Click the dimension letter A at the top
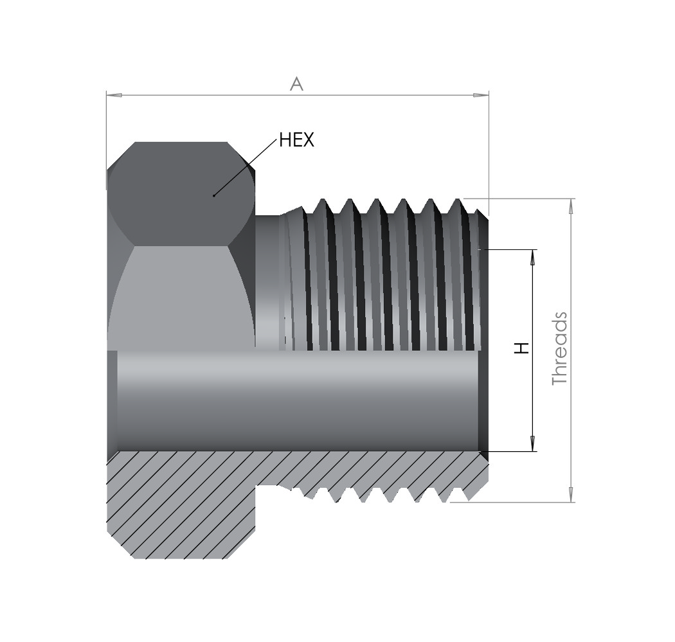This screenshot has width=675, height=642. (296, 84)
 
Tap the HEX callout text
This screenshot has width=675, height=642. (296, 140)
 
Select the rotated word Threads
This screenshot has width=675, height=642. (560, 348)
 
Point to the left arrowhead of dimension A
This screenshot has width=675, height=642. (114, 94)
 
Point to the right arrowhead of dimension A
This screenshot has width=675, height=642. (481, 94)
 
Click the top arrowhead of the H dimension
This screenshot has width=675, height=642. (532, 257)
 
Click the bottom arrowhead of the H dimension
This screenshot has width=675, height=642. (532, 443)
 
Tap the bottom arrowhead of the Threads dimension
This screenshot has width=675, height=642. (571, 494)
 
